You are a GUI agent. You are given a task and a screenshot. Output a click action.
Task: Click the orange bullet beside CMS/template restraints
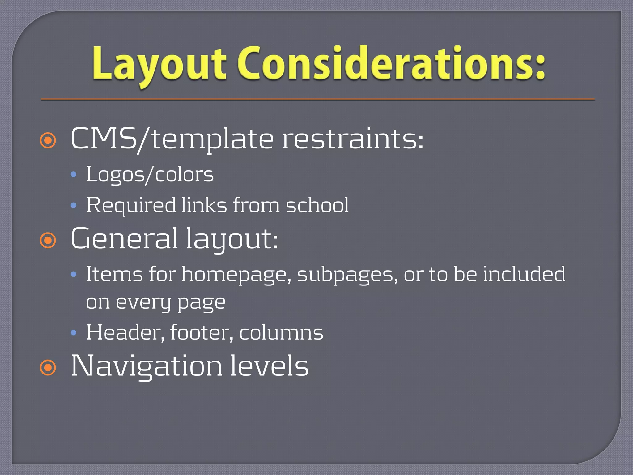[48, 141]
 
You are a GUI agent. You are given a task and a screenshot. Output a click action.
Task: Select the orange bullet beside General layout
[48, 241]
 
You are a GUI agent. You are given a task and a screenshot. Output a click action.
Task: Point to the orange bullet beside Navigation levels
[48, 368]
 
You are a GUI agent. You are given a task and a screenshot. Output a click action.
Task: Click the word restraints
[352, 139]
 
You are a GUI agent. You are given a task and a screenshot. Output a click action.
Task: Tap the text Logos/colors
[150, 175]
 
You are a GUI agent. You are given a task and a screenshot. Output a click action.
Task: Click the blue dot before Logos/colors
[74, 175]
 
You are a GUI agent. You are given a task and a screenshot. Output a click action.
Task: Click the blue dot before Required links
[74, 205]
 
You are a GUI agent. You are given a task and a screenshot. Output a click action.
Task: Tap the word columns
[281, 333]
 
